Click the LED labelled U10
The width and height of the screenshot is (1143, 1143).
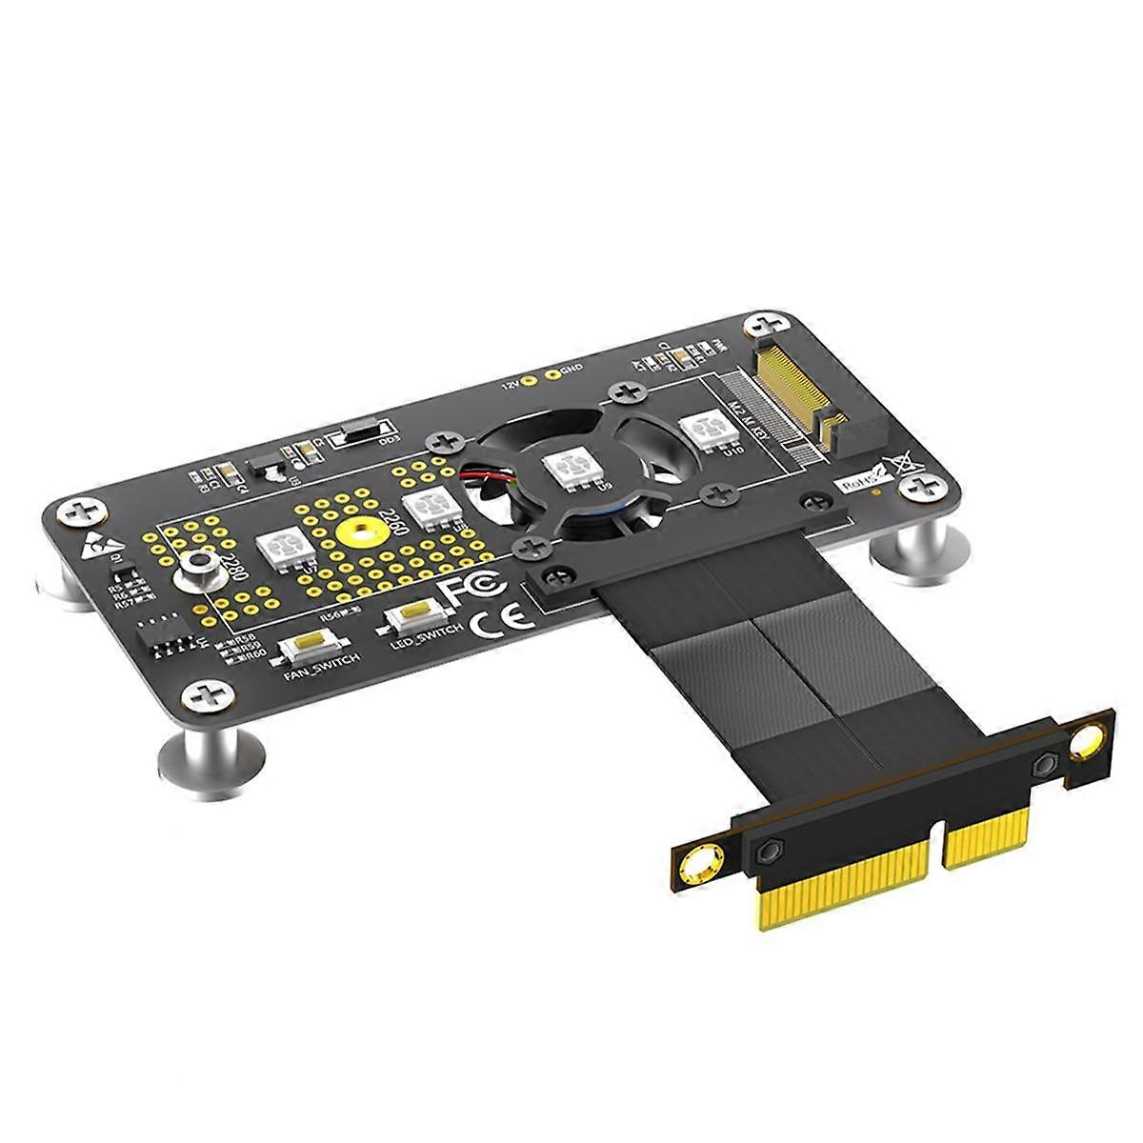pyautogui.click(x=706, y=432)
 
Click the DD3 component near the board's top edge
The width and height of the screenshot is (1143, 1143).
pyautogui.click(x=357, y=433)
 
